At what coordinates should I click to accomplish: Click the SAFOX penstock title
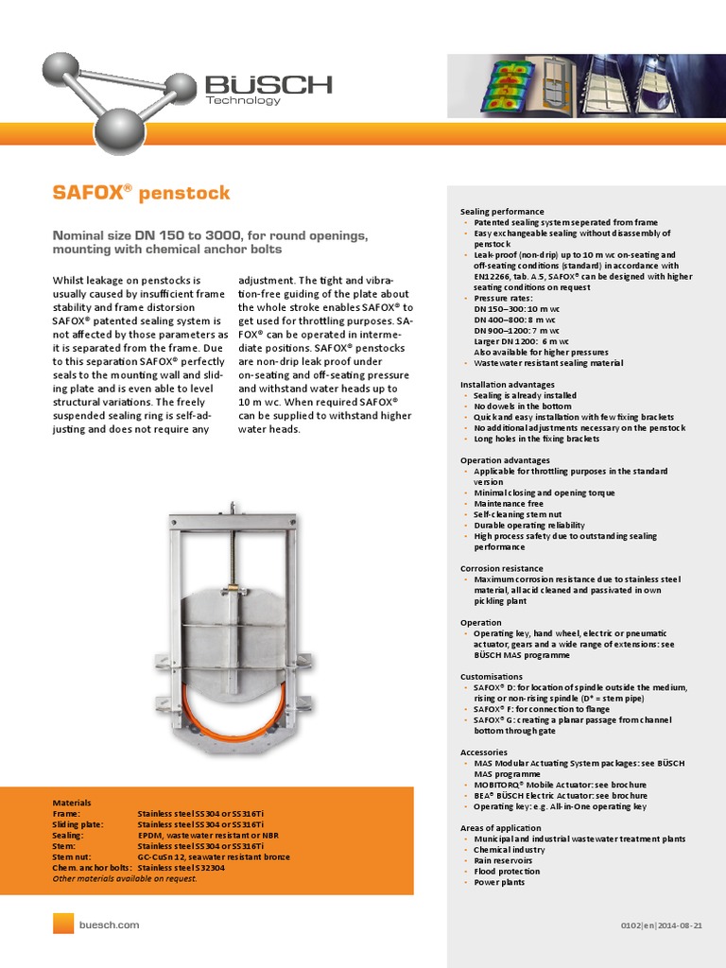coord(141,194)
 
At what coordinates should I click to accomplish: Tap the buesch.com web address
coord(110,925)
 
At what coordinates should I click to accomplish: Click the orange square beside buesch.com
coord(63,925)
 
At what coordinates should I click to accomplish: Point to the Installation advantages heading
coord(507,385)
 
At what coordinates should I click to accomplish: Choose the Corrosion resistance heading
coord(501,568)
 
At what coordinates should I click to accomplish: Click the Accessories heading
coord(483,752)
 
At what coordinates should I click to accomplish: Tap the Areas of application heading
coord(500,828)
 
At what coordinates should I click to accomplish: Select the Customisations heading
coord(491,677)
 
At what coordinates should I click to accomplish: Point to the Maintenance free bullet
coord(509,504)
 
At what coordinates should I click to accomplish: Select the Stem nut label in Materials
coord(73,856)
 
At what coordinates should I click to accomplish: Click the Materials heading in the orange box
coord(72,802)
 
